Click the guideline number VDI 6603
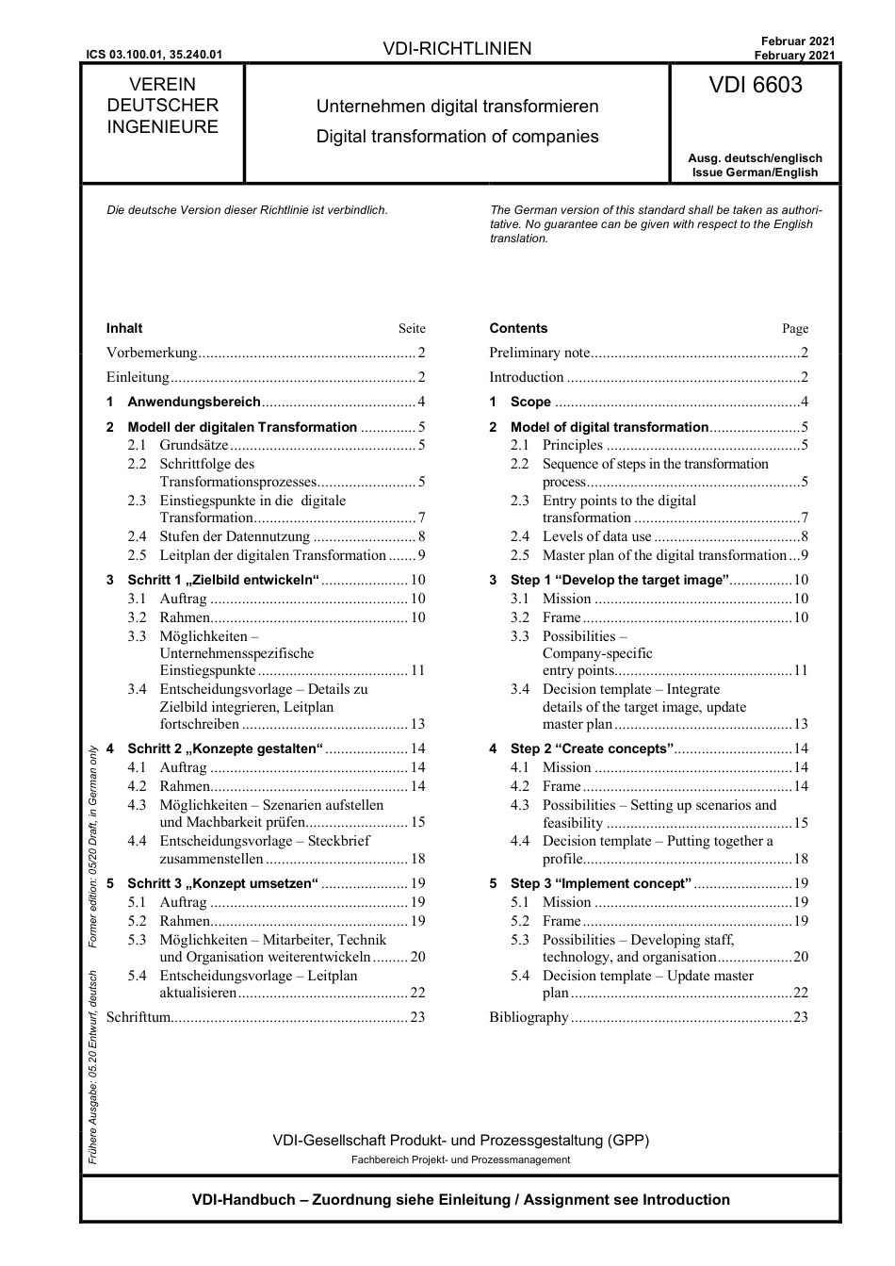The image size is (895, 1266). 756,86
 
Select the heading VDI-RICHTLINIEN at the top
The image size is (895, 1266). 457,49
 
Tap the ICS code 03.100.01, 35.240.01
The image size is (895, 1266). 154,55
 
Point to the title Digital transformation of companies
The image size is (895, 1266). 457,137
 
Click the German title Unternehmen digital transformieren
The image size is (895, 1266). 457,107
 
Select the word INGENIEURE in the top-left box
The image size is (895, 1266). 162,127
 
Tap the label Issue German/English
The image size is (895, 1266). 755,173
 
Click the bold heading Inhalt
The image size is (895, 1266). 124,329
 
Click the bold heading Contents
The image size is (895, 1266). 518,329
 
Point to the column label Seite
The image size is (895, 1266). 412,329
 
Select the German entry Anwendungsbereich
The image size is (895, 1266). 193,402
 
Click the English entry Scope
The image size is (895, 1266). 530,402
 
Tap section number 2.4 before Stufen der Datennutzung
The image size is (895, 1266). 138,536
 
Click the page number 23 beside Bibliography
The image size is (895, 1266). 801,1017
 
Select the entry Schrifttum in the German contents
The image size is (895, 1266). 138,1017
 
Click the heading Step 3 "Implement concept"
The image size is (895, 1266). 600,883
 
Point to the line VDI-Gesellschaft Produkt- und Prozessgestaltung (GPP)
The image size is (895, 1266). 461,1141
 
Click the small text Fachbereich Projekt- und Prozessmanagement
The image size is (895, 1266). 461,1160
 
